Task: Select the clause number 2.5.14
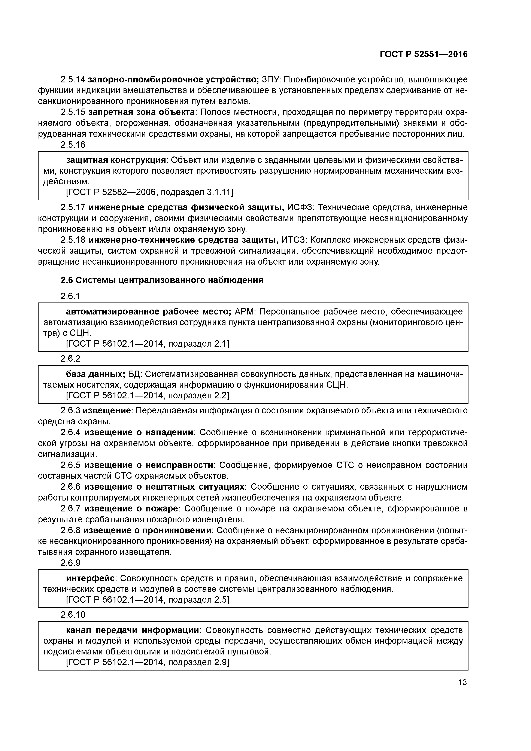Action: coord(73,79)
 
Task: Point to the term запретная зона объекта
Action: coord(141,112)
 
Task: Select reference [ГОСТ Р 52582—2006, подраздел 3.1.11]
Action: coord(149,192)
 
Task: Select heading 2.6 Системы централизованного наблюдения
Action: coord(162,280)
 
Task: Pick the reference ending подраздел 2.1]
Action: coord(147,343)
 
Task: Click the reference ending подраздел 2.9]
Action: coord(147,662)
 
